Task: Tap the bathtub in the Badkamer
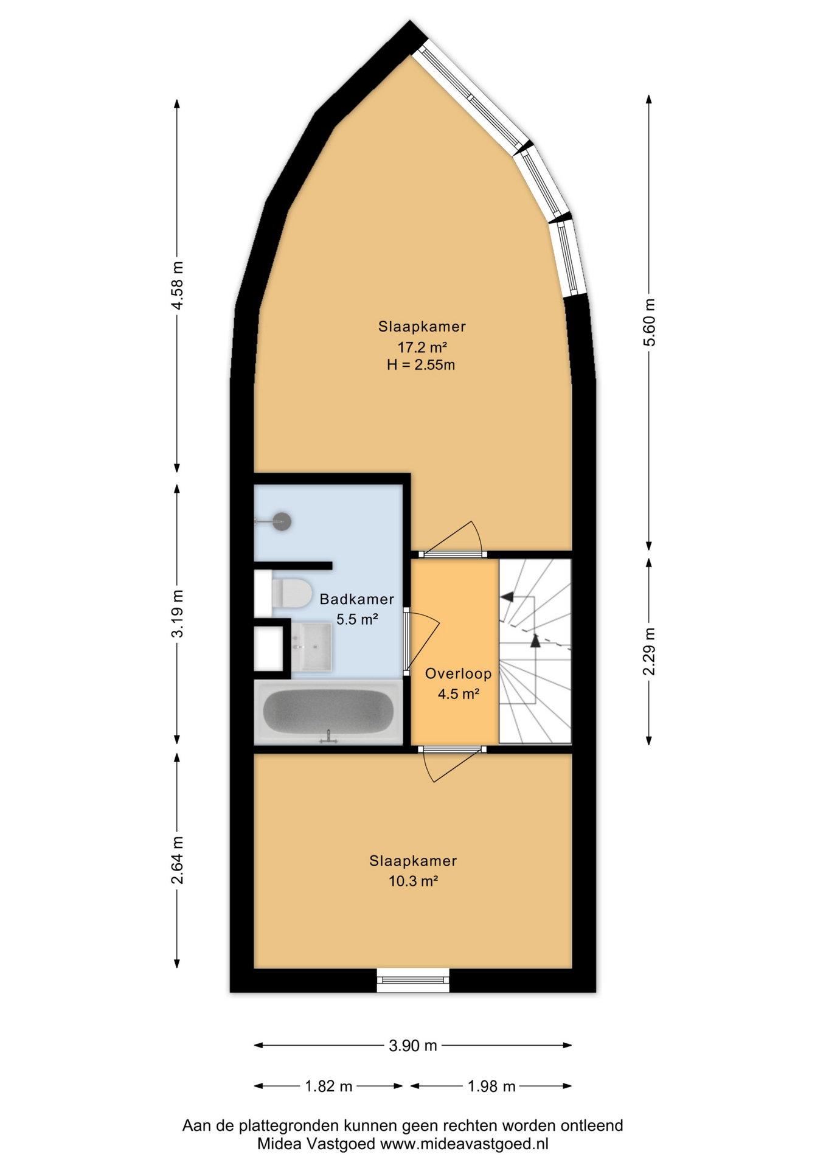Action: pyautogui.click(x=328, y=712)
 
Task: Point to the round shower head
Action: pyautogui.click(x=282, y=521)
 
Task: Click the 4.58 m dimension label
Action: pyautogui.click(x=177, y=286)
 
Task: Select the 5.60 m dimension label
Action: pyautogui.click(x=650, y=322)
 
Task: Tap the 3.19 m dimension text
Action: pyautogui.click(x=177, y=613)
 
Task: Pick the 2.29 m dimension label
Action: pyautogui.click(x=650, y=651)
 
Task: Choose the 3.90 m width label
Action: pyautogui.click(x=413, y=1045)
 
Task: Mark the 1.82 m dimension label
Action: pyautogui.click(x=328, y=1086)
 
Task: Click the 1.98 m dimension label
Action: pyautogui.click(x=491, y=1086)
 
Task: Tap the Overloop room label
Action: pyautogui.click(x=458, y=673)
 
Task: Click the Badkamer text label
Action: pyautogui.click(x=357, y=599)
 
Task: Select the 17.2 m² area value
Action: pyautogui.click(x=423, y=347)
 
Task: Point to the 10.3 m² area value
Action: pyautogui.click(x=414, y=881)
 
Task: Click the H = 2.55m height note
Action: pyautogui.click(x=421, y=365)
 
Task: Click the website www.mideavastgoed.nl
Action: pyautogui.click(x=464, y=1144)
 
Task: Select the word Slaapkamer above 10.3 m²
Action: pyautogui.click(x=413, y=861)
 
